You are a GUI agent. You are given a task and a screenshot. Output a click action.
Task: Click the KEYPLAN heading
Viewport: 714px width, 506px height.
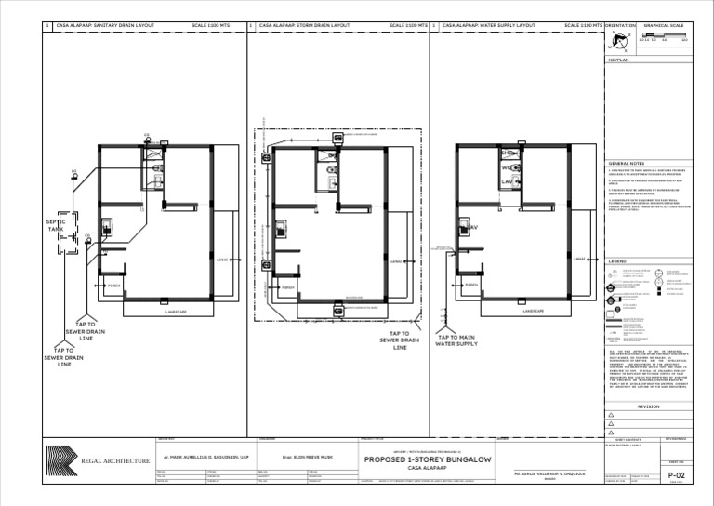(619, 59)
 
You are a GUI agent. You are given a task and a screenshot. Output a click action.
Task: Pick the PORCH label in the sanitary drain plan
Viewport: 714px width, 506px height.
(114, 285)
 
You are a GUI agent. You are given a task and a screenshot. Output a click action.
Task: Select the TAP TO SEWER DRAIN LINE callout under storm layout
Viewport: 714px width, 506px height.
(400, 340)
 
